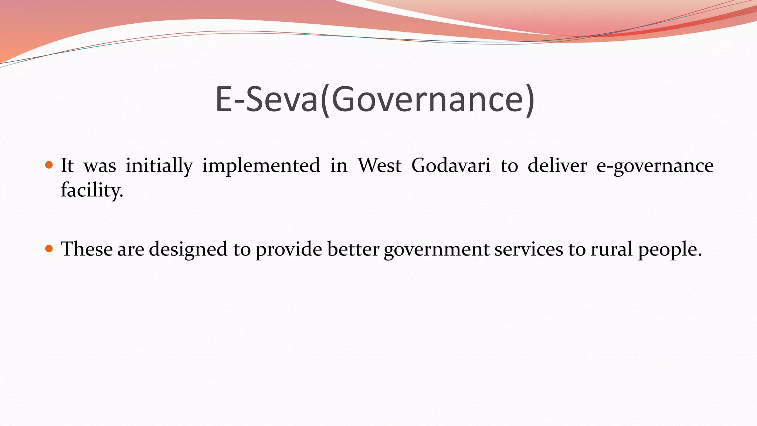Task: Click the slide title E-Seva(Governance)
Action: pyautogui.click(x=375, y=99)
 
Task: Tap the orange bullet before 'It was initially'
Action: pyautogui.click(x=49, y=165)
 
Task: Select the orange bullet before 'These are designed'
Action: pyautogui.click(x=49, y=248)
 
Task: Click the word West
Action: pyautogui.click(x=379, y=165)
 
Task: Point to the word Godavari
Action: pyautogui.click(x=451, y=165)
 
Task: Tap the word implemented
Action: pyautogui.click(x=261, y=165)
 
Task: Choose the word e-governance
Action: pyautogui.click(x=655, y=166)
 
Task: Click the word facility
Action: pyautogui.click(x=92, y=190)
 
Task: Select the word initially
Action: pyautogui.click(x=159, y=165)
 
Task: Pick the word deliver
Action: pyautogui.click(x=557, y=165)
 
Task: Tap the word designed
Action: pyautogui.click(x=188, y=249)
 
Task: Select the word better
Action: pyautogui.click(x=353, y=249)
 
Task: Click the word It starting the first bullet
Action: pyautogui.click(x=67, y=165)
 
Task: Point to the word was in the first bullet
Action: pyautogui.click(x=100, y=166)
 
